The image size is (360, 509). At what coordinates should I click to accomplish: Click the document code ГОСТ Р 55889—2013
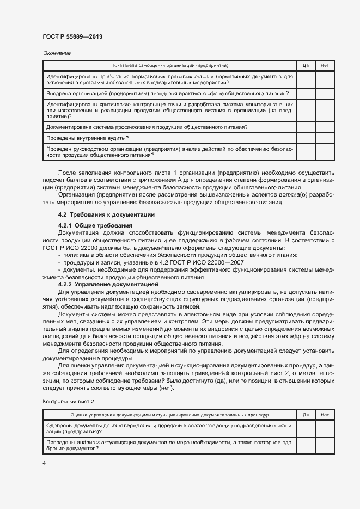pyautogui.click(x=72, y=36)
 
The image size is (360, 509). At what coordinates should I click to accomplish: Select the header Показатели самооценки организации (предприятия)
pyautogui.click(x=170, y=65)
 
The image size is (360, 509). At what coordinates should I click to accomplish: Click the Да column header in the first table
pyautogui.click(x=306, y=65)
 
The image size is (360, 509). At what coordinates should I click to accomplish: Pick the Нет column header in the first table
pyautogui.click(x=325, y=65)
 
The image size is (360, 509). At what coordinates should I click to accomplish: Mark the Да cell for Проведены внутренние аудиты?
pyautogui.click(x=306, y=138)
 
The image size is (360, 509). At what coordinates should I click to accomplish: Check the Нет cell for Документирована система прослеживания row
pyautogui.click(x=325, y=127)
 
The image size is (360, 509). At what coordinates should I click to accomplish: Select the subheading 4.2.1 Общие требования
pyautogui.click(x=95, y=225)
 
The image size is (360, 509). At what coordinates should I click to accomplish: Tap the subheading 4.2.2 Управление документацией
pyautogui.click(x=108, y=284)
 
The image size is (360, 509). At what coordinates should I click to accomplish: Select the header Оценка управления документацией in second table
pyautogui.click(x=170, y=415)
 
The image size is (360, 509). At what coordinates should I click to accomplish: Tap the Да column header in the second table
pyautogui.click(x=306, y=415)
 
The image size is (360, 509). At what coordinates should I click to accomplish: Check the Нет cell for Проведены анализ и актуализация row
pyautogui.click(x=325, y=446)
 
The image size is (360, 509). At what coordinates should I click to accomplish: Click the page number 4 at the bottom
pyautogui.click(x=44, y=463)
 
